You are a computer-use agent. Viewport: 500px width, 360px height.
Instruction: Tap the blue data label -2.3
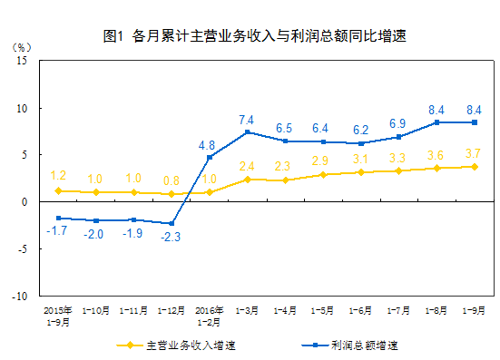pyautogui.click(x=171, y=237)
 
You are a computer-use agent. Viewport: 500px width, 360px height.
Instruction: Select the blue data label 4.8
pyautogui.click(x=208, y=144)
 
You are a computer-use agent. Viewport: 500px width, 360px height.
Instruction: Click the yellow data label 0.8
pyautogui.click(x=171, y=180)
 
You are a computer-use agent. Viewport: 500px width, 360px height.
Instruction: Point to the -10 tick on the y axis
pyautogui.click(x=22, y=297)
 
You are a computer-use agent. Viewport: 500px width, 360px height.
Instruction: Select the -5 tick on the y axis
pyautogui.click(x=25, y=249)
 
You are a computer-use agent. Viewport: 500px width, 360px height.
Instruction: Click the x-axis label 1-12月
pyautogui.click(x=171, y=309)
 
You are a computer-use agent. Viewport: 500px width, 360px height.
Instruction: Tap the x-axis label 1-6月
pyautogui.click(x=361, y=309)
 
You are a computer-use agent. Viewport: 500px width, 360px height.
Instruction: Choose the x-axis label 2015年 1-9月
pyautogui.click(x=58, y=314)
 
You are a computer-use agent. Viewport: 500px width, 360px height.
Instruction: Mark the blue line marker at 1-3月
pyautogui.click(x=247, y=132)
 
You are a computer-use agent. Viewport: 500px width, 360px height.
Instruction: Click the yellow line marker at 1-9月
pyautogui.click(x=475, y=167)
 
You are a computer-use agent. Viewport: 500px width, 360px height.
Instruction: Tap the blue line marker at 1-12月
pyautogui.click(x=171, y=223)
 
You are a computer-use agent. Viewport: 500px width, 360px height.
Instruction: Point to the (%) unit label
pyautogui.click(x=23, y=45)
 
